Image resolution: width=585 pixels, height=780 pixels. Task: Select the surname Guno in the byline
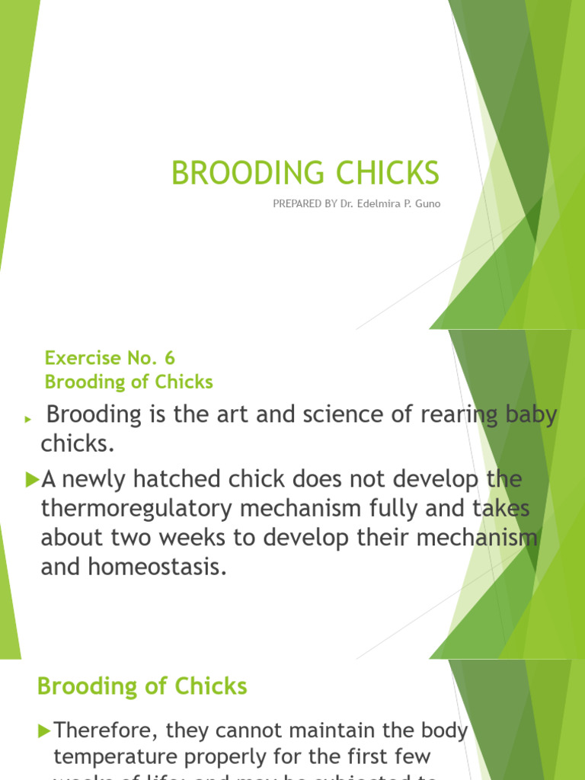[x=426, y=204]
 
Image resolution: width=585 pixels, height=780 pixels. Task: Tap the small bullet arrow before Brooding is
[x=27, y=419]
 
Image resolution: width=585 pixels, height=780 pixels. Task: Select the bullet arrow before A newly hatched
[x=31, y=479]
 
